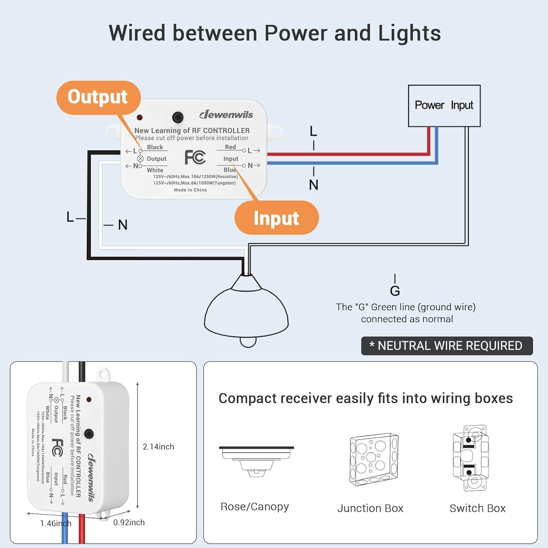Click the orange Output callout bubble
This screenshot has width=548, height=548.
click(x=98, y=97)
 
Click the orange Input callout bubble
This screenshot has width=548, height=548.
click(x=276, y=218)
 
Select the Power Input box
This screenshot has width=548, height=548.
click(x=444, y=106)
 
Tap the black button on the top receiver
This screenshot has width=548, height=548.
click(x=178, y=117)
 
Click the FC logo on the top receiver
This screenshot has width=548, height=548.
click(x=195, y=157)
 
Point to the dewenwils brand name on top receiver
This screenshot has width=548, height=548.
click(x=226, y=115)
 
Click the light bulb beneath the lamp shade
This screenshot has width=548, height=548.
click(x=248, y=342)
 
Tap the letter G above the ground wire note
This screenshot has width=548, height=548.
click(x=395, y=291)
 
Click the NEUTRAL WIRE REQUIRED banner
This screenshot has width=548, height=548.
click(x=447, y=346)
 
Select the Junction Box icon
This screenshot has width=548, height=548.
click(x=374, y=460)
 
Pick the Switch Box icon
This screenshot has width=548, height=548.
click(x=471, y=458)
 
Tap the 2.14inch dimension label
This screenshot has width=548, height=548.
click(x=158, y=446)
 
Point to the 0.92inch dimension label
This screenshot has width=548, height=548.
click(x=129, y=522)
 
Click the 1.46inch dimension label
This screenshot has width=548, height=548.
click(x=56, y=524)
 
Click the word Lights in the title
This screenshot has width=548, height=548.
click(x=409, y=33)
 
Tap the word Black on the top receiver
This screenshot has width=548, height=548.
click(x=155, y=147)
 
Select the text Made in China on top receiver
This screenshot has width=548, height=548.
click(x=190, y=190)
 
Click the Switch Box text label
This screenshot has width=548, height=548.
click(x=477, y=508)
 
